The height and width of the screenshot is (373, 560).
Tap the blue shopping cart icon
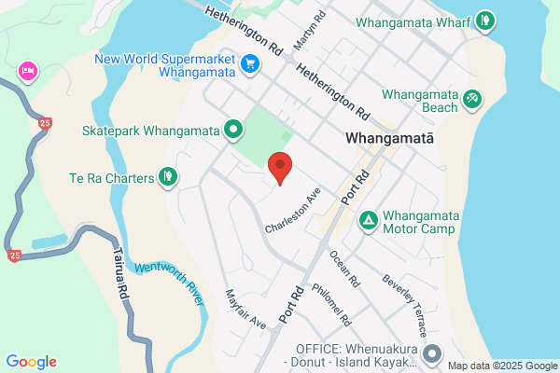coord(249,63)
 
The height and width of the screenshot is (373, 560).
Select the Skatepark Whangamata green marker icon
coord(233,131)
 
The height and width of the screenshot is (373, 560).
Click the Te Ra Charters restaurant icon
coord(168,175)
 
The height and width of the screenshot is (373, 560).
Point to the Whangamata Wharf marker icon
coord(484,20)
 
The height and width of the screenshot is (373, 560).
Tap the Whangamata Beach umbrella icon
coord(473,97)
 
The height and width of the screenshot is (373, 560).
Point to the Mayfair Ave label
coord(245,309)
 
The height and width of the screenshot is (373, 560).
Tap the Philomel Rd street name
coord(331,305)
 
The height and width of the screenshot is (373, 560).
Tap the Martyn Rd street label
coord(309,31)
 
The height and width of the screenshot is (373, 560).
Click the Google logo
coord(31,362)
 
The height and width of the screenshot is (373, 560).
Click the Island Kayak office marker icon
coord(432,353)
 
